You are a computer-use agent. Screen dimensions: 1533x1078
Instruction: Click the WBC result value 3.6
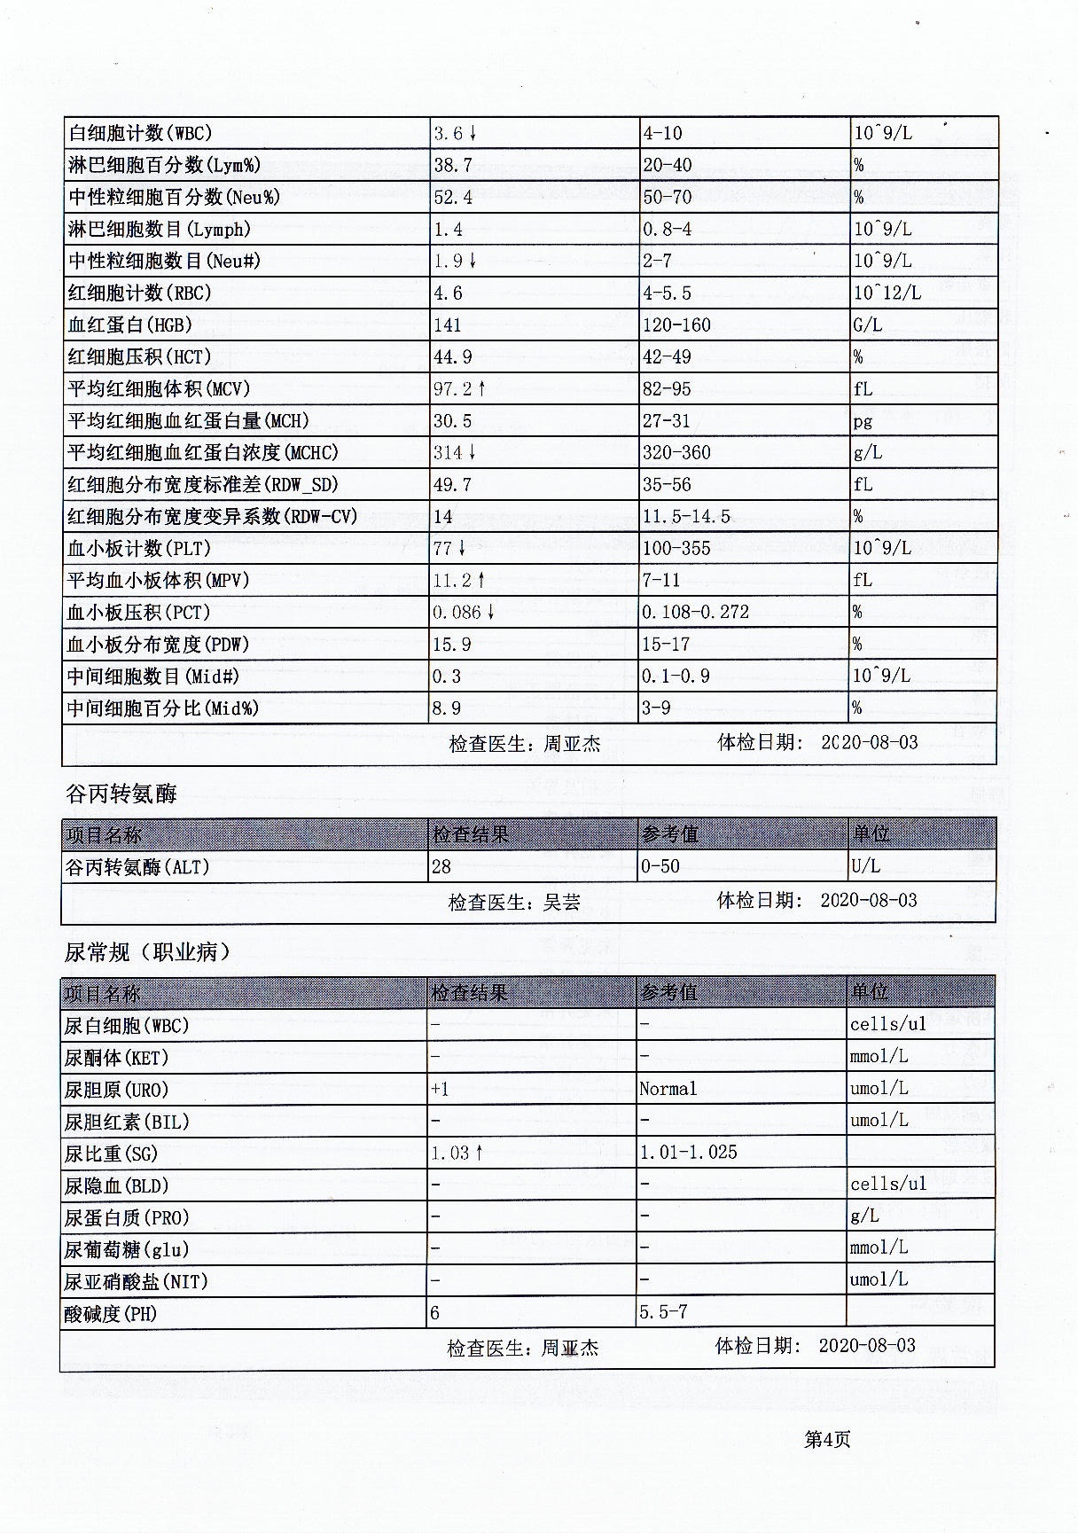(x=449, y=134)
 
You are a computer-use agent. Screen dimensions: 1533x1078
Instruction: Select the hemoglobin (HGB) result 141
(x=448, y=325)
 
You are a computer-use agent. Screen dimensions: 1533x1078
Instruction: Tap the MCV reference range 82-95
(x=667, y=389)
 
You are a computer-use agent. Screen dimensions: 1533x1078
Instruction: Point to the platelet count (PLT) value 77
(x=443, y=549)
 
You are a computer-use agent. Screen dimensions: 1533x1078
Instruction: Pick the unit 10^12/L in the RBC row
(x=887, y=293)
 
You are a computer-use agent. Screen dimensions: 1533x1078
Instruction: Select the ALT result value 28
(x=441, y=867)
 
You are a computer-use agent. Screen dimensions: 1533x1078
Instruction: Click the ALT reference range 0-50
(x=660, y=867)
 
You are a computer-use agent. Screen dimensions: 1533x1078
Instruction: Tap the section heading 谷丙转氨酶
(x=121, y=794)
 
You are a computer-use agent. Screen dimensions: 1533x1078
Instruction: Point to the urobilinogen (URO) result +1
(x=440, y=1090)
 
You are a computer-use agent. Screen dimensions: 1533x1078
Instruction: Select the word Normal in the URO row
(x=668, y=1090)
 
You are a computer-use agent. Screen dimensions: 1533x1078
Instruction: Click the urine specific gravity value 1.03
(x=450, y=1154)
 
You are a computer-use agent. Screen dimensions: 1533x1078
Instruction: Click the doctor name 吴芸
(x=562, y=903)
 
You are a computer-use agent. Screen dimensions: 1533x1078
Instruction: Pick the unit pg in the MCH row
(x=863, y=422)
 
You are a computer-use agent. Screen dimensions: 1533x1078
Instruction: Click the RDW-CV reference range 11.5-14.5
(x=686, y=517)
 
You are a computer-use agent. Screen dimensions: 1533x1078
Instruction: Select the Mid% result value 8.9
(x=448, y=708)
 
